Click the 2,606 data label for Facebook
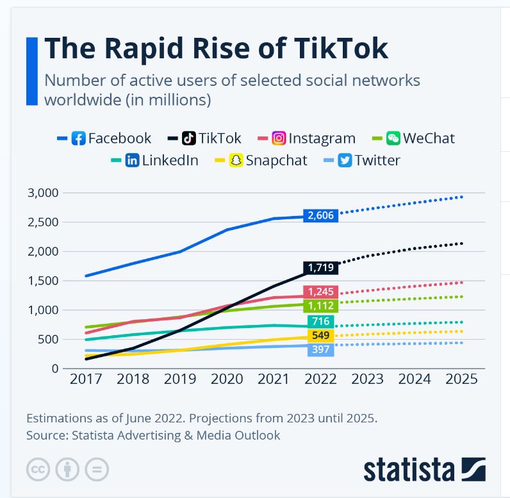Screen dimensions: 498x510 [321, 215]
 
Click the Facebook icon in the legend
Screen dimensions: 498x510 [78, 138]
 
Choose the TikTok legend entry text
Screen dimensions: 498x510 [220, 138]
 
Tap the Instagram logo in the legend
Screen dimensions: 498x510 [279, 138]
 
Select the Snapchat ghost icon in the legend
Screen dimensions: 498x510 [236, 160]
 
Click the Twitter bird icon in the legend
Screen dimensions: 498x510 [345, 160]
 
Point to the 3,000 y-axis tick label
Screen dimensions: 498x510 [43, 193]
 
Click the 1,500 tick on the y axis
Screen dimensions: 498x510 [43, 281]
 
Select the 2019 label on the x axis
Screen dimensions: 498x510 [180, 379]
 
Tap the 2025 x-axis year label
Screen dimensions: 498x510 [461, 379]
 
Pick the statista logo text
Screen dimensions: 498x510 [410, 469]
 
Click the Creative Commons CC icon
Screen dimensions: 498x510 [38, 469]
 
